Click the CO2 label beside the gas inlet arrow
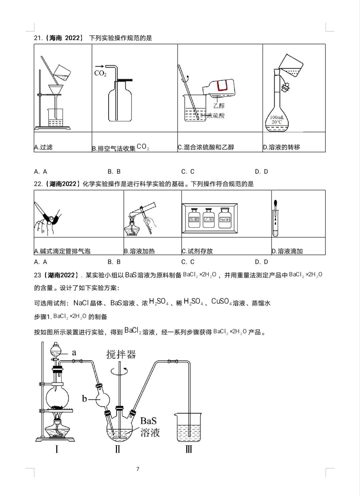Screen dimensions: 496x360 pos(100,74)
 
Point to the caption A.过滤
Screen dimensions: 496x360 pos(43,147)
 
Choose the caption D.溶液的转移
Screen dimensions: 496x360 pos(281,147)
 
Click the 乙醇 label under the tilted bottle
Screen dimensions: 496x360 pos(219,106)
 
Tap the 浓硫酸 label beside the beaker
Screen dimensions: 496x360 pos(216,116)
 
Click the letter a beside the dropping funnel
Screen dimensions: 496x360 pos(74,352)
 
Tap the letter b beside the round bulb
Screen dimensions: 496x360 pos(84,398)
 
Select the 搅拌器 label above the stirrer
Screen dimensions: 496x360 pos(121,354)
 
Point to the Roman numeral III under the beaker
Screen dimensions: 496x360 pos(188,450)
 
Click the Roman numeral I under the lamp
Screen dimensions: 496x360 pos(57,450)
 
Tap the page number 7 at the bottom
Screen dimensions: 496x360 pos(138,469)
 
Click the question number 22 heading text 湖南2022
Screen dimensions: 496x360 pos(63,184)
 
